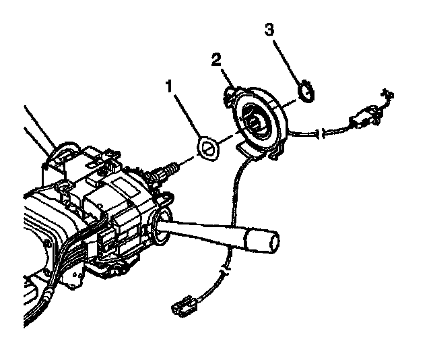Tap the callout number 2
coord(215,59)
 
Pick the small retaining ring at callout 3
coord(306,91)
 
